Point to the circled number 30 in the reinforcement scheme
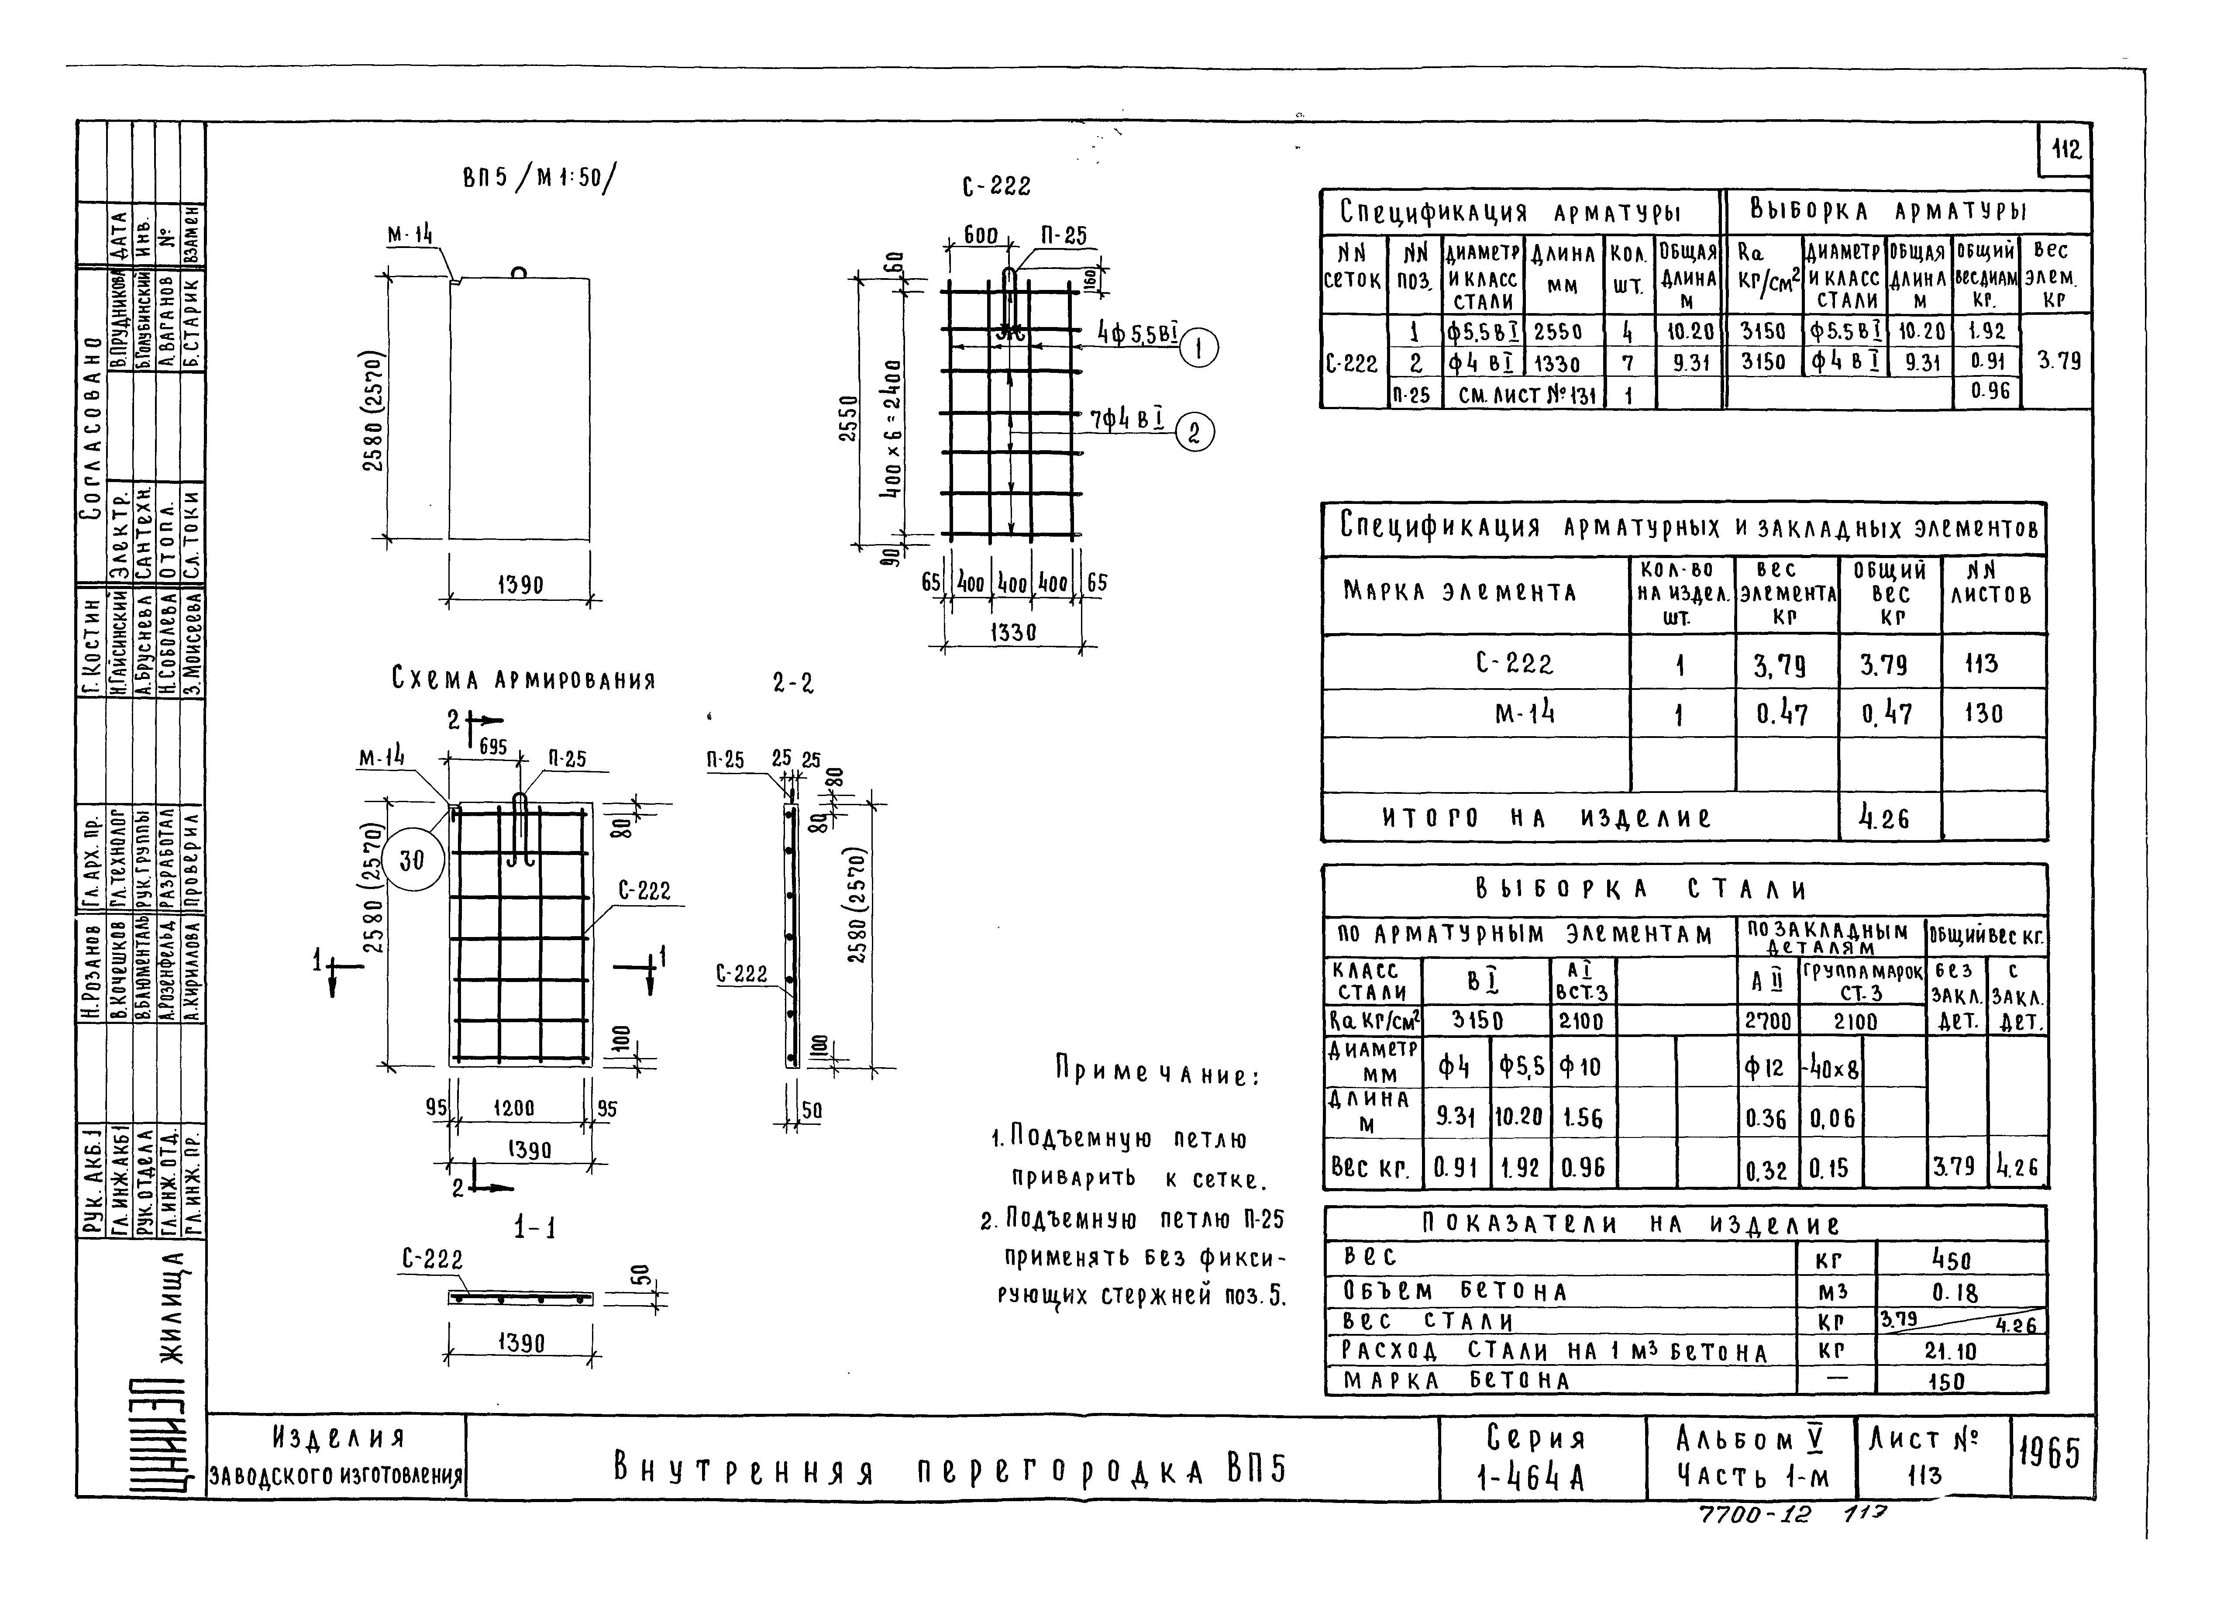413,860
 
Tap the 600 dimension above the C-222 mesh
981,235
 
